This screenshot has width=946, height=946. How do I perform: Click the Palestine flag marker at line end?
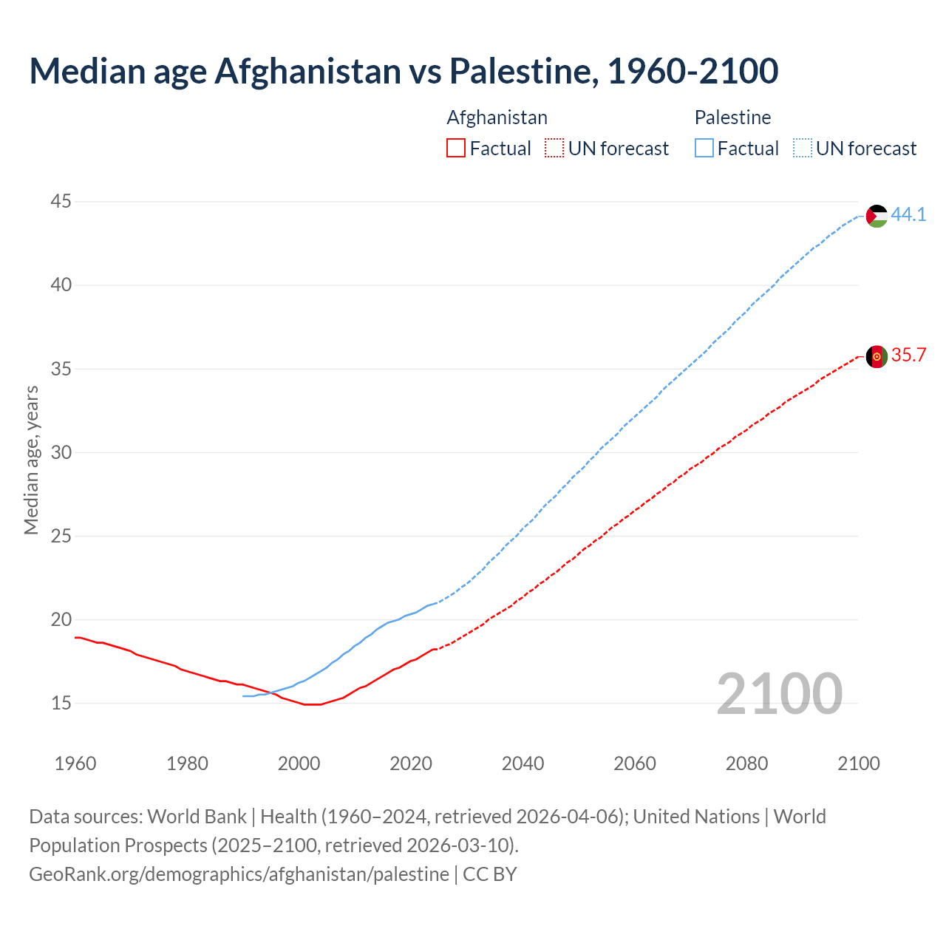[877, 216]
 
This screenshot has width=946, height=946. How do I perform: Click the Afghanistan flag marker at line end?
[877, 356]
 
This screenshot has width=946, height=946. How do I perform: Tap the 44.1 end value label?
[908, 215]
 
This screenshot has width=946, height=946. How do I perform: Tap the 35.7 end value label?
[908, 355]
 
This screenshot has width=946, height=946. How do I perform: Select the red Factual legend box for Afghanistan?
[456, 149]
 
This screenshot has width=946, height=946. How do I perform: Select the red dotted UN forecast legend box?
[554, 149]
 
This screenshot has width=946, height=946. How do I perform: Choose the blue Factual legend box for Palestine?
[704, 149]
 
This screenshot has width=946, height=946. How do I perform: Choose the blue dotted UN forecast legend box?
[802, 149]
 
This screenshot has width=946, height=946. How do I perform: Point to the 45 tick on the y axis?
[61, 201]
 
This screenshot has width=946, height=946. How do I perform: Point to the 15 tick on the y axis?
[61, 703]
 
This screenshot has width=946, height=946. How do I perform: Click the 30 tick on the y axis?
[61, 452]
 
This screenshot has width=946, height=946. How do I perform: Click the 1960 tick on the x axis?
[75, 763]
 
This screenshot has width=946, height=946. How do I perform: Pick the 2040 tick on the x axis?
[523, 763]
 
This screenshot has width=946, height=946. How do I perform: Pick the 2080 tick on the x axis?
[746, 763]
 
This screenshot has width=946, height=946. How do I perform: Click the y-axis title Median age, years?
[31, 460]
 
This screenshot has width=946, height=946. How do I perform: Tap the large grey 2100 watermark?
[779, 694]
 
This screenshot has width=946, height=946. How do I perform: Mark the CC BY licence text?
[489, 874]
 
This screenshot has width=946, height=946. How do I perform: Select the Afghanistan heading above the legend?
[497, 118]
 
